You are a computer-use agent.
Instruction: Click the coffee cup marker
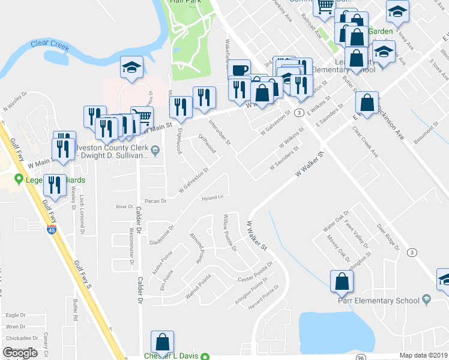click(x=239, y=69)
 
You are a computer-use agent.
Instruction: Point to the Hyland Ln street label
click(x=212, y=197)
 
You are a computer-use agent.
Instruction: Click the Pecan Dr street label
click(x=155, y=200)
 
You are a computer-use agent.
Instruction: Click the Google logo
click(x=20, y=353)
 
